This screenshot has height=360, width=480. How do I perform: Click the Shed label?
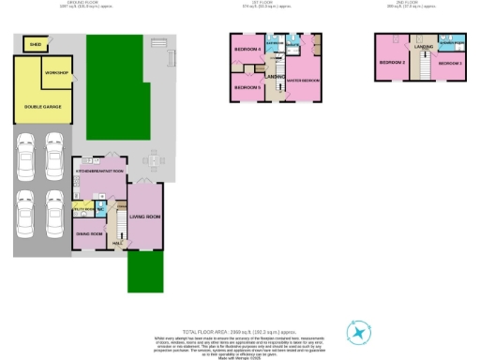pyautogui.click(x=35, y=44)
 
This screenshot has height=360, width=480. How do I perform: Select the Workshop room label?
pyautogui.click(x=58, y=73)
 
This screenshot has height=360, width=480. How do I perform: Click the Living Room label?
pyautogui.click(x=145, y=217)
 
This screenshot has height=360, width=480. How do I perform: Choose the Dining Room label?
pyautogui.click(x=89, y=232)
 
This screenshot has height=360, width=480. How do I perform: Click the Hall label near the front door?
pyautogui.click(x=117, y=244)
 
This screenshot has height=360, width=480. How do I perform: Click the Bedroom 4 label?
pyautogui.click(x=247, y=49)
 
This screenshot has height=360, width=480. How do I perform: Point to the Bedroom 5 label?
pyautogui.click(x=247, y=87)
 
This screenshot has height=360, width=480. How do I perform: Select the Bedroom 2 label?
pyautogui.click(x=391, y=63)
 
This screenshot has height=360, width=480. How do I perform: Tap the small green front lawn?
pyautogui.click(x=141, y=272)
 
